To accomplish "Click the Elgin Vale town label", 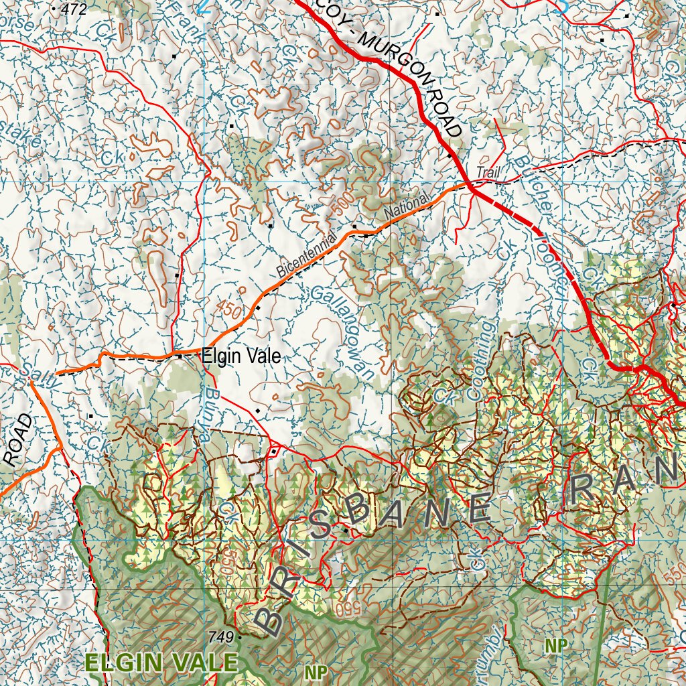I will (x=241, y=356).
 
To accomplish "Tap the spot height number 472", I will (x=73, y=9).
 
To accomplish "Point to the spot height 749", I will (x=223, y=636).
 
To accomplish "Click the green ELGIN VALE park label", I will (x=161, y=663).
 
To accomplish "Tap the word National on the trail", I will (x=407, y=208).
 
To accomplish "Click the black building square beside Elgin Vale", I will (x=180, y=356).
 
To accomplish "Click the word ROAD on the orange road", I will (x=18, y=440).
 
